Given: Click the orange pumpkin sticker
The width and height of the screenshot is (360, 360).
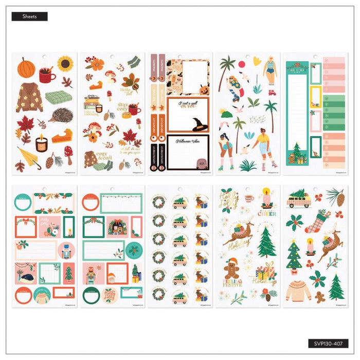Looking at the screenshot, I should pos(26,67).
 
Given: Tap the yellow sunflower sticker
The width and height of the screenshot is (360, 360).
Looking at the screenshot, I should pos(65,64).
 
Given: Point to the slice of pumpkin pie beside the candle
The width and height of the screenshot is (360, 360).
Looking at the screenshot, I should pos(61,136).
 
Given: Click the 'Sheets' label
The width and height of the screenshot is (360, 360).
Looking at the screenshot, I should pos(29,16).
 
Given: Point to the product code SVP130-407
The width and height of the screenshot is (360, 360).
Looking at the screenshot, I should pos(330,343).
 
